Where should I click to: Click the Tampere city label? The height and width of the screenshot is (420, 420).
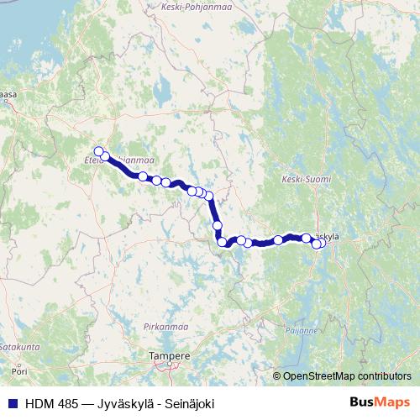[169, 355]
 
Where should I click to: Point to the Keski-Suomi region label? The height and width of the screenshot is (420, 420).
[306, 180]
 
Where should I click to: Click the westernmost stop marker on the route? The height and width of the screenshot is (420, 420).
[99, 151]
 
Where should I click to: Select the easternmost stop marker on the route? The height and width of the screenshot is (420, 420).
[322, 244]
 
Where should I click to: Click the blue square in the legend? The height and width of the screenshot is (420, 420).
[12, 404]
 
